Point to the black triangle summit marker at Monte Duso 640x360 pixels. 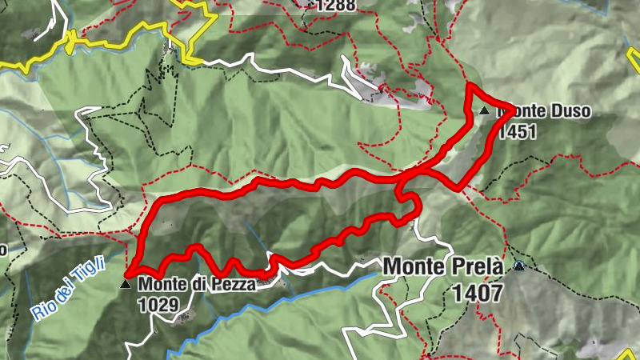click(484, 111)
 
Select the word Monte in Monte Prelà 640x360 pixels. click(412, 267)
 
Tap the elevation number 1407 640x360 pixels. click(478, 293)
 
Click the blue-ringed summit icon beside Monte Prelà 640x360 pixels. click(519, 266)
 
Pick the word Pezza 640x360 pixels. click(234, 283)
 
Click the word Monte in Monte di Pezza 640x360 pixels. click(158, 283)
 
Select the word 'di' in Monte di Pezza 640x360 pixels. click(198, 283)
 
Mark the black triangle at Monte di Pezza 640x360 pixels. click(125, 283)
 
